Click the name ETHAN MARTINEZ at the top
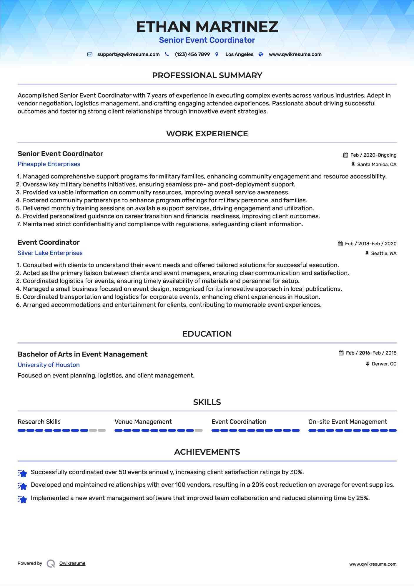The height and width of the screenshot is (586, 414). click(207, 27)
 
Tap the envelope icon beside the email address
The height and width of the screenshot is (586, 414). click(90, 54)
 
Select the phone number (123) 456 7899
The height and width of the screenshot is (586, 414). click(192, 54)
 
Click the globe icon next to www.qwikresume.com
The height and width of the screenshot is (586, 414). click(261, 54)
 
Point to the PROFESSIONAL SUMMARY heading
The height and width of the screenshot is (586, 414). click(207, 75)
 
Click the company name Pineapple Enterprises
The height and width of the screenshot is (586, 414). click(49, 164)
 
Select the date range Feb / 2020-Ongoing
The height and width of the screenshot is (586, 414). click(373, 155)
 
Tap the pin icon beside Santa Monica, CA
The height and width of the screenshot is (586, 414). click(353, 165)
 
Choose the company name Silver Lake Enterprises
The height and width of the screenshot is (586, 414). click(50, 253)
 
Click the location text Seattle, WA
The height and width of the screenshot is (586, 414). click(383, 254)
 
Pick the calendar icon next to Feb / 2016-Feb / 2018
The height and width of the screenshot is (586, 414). click(341, 353)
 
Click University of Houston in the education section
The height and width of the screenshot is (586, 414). click(49, 365)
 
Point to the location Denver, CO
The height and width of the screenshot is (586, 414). click(384, 364)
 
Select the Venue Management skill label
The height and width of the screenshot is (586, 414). click(143, 422)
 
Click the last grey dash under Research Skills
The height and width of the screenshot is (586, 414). click(102, 431)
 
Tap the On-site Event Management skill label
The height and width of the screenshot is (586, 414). click(348, 422)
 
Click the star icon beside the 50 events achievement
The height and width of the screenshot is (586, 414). click(22, 473)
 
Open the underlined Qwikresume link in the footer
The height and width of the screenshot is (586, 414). click(72, 563)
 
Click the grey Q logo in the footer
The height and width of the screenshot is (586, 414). click(51, 564)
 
